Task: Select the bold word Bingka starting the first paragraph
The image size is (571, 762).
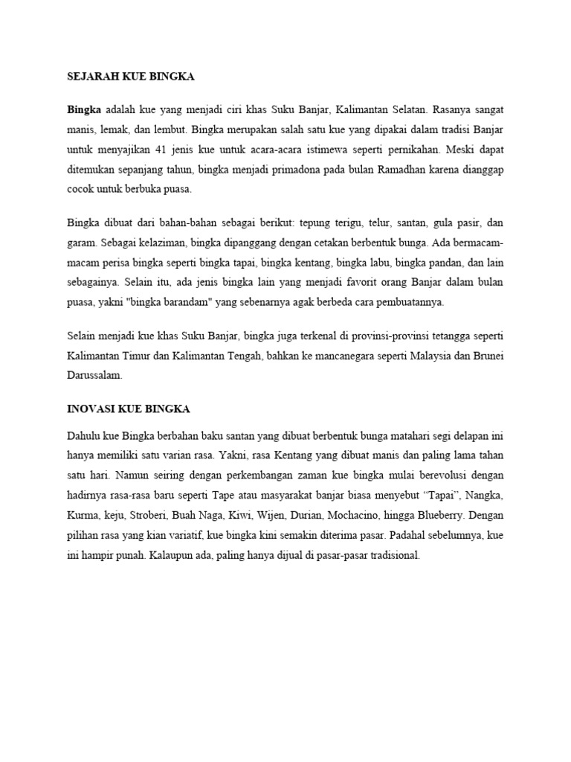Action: click(x=83, y=109)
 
